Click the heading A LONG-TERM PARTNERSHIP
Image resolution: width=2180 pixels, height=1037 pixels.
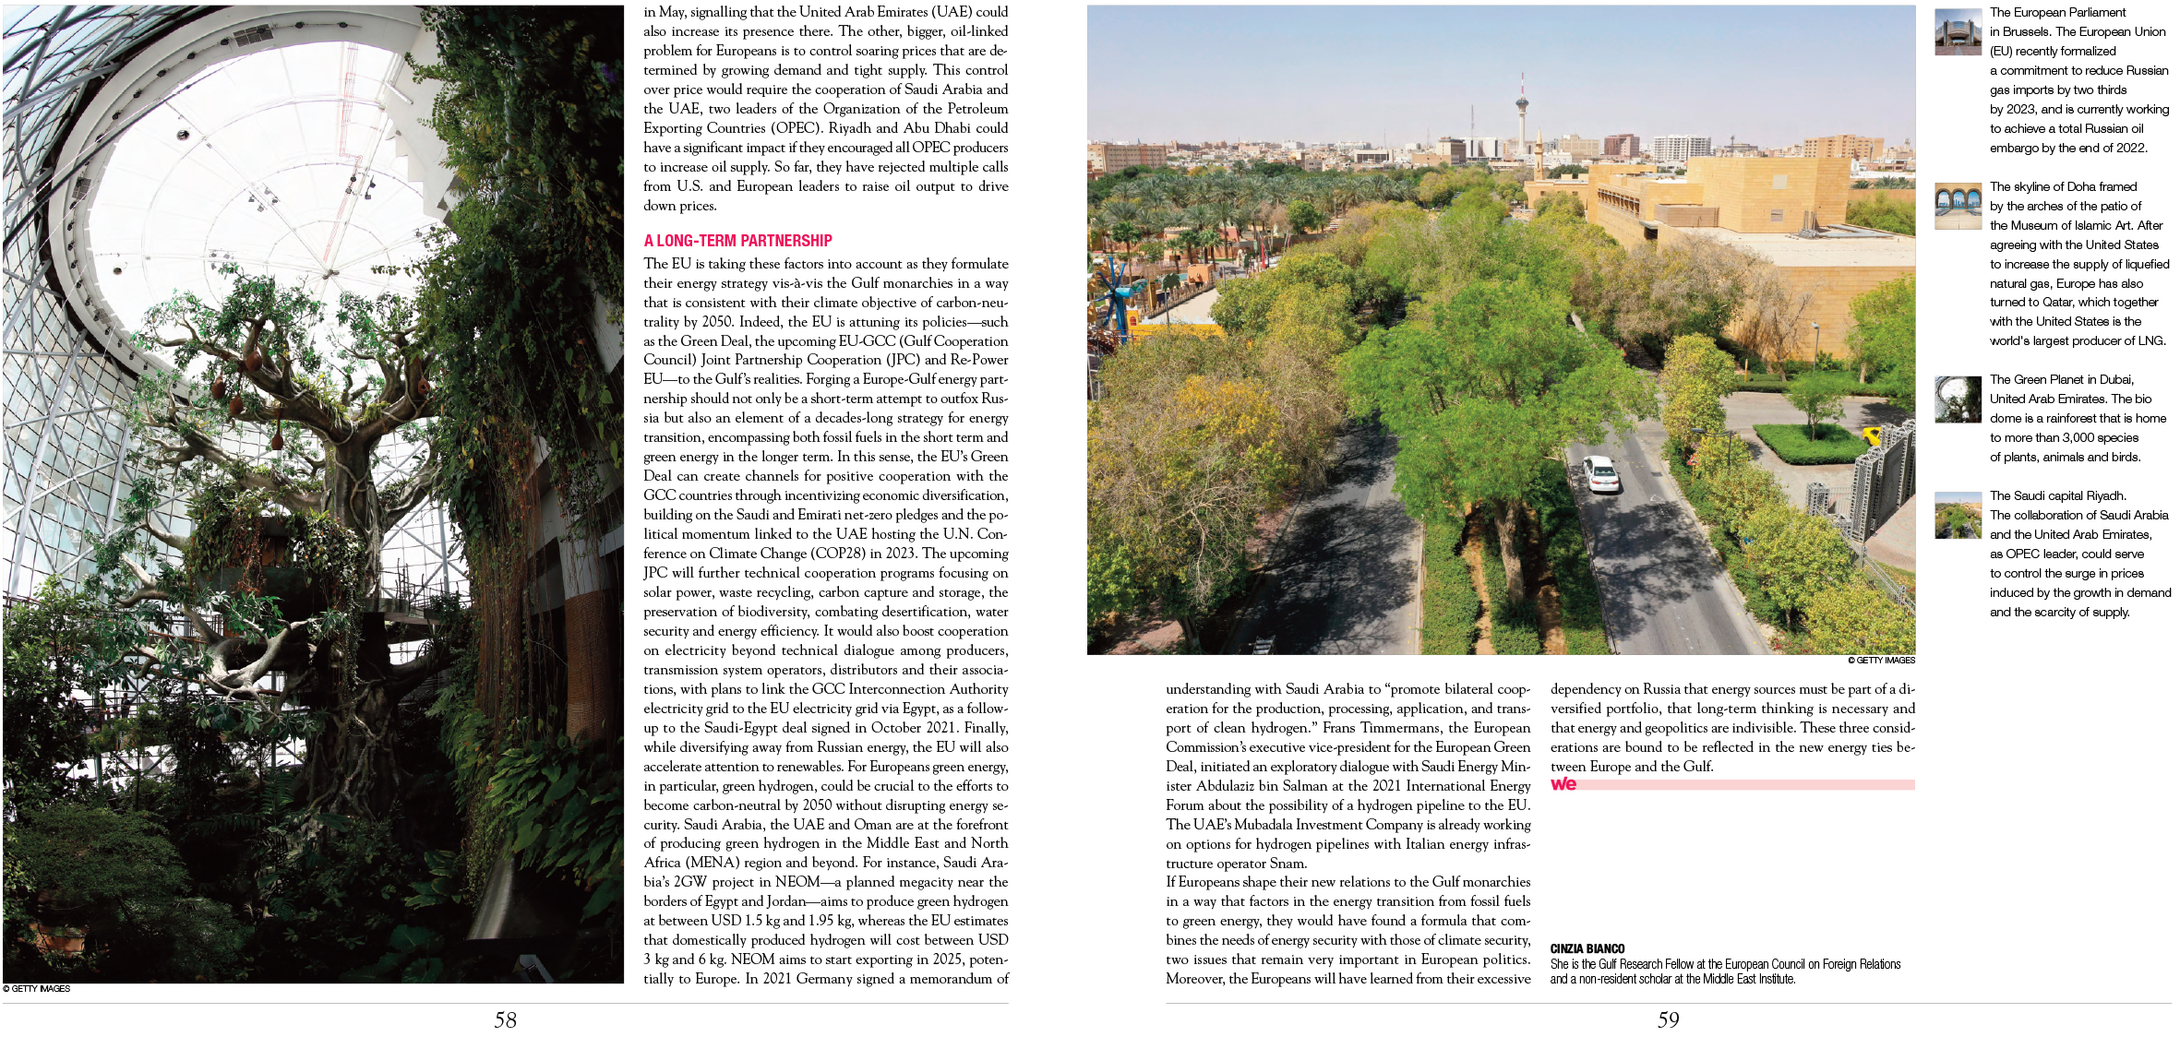click(x=737, y=241)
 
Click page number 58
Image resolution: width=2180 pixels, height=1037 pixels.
click(x=505, y=1019)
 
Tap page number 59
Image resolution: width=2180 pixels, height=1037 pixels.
click(x=1668, y=1019)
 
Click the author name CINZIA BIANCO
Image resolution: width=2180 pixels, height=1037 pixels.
click(x=1587, y=948)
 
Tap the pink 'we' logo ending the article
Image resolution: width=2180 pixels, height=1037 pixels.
click(x=1563, y=784)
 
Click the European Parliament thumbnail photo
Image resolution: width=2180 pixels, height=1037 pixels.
click(x=1958, y=32)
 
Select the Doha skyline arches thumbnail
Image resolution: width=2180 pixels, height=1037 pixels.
click(x=1958, y=206)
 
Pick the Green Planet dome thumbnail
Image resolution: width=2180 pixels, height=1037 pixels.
click(x=1958, y=399)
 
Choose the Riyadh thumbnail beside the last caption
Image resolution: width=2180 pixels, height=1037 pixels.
click(x=1958, y=515)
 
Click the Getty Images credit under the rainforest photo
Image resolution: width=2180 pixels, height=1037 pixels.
click(x=37, y=989)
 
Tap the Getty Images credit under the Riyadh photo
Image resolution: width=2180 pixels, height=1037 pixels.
click(x=1881, y=661)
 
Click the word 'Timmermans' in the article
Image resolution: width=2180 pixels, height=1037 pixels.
click(x=1395, y=728)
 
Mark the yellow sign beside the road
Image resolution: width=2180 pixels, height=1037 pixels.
click(x=1872, y=435)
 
